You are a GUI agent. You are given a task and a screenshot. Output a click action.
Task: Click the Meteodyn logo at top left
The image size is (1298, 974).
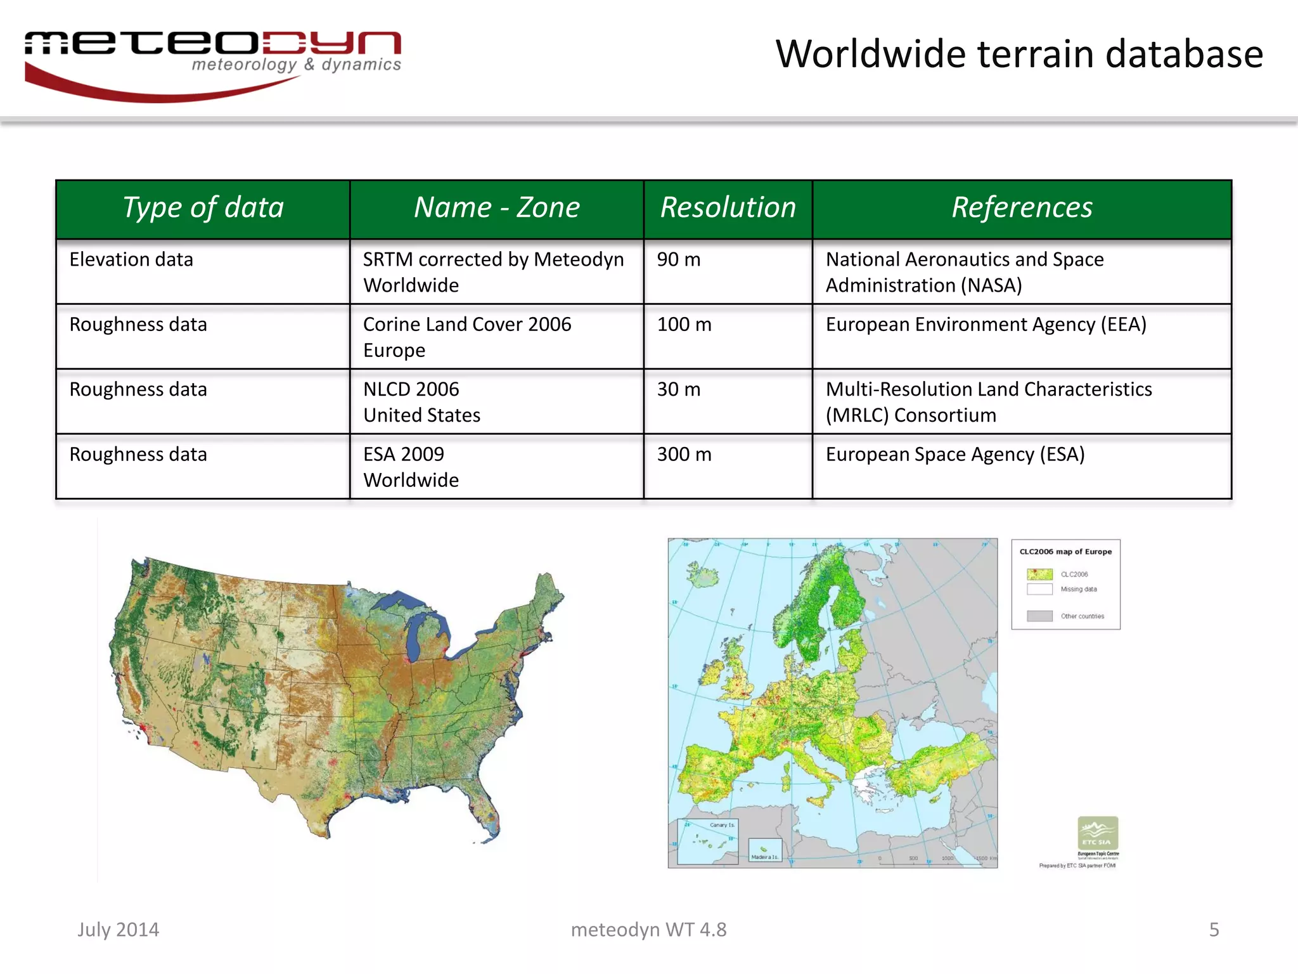pyautogui.click(x=212, y=63)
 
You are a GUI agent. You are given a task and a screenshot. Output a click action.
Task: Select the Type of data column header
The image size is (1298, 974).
pyautogui.click(x=203, y=208)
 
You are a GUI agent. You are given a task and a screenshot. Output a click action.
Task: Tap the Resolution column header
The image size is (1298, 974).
pyautogui.click(x=728, y=208)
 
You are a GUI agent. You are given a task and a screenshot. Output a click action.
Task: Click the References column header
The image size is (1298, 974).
pyautogui.click(x=1022, y=208)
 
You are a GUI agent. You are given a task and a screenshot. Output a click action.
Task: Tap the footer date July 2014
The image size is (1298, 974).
pyautogui.click(x=119, y=930)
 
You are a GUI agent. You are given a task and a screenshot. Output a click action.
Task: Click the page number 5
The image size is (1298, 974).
pyautogui.click(x=1214, y=930)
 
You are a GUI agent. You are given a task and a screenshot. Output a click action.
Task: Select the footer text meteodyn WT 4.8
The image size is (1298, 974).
pyautogui.click(x=648, y=930)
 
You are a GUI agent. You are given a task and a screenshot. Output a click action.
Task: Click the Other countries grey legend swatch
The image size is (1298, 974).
pyautogui.click(x=1039, y=616)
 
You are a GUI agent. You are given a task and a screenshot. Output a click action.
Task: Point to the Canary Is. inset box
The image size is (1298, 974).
pyautogui.click(x=708, y=841)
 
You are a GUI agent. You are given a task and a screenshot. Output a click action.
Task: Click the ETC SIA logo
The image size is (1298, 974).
pyautogui.click(x=1098, y=833)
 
